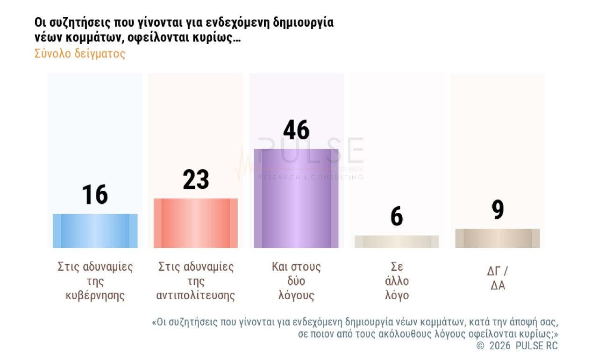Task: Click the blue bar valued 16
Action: click(x=95, y=230)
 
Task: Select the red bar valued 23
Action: click(x=195, y=223)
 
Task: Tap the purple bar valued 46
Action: click(x=296, y=198)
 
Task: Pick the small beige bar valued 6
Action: click(x=397, y=241)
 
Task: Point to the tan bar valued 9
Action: click(x=497, y=238)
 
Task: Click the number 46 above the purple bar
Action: click(x=296, y=130)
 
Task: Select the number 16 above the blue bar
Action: click(x=95, y=194)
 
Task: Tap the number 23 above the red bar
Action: click(x=196, y=179)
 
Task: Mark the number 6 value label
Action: click(x=397, y=216)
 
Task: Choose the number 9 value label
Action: click(x=498, y=210)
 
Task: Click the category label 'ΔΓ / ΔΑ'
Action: click(x=498, y=278)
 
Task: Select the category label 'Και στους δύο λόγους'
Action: click(x=296, y=281)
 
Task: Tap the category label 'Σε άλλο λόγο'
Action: click(x=397, y=281)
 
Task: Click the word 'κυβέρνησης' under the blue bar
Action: click(x=95, y=296)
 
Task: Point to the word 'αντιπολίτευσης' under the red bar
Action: click(x=196, y=296)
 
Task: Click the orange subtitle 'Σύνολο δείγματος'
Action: click(x=80, y=53)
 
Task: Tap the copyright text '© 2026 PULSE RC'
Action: click(x=517, y=346)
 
